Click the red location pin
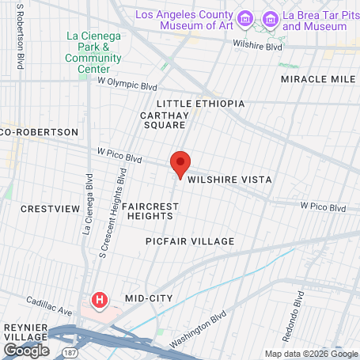tap(180, 164)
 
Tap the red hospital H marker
tap(100, 300)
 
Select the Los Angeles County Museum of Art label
tap(185, 21)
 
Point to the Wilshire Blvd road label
tap(259, 46)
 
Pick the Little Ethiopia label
tap(201, 104)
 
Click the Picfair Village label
tap(191, 241)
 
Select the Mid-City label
tap(149, 298)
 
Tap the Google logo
tap(25, 349)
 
